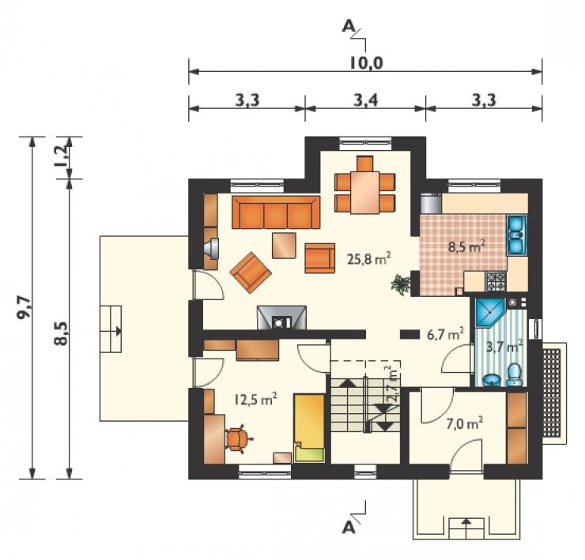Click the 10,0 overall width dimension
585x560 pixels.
[x=366, y=63]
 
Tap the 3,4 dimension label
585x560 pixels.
[x=365, y=100]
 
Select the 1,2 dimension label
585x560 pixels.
[x=62, y=157]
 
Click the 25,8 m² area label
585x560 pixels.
[x=368, y=258]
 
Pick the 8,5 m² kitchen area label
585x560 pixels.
[x=466, y=246]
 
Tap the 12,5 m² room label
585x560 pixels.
[x=255, y=400]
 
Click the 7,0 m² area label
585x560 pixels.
[x=465, y=423]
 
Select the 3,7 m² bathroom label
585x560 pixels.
[x=504, y=347]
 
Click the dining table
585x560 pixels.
[x=364, y=193]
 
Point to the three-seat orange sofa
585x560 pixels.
[x=276, y=212]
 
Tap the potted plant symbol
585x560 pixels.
[x=400, y=284]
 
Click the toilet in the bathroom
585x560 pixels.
[x=515, y=374]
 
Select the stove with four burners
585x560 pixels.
[x=495, y=281]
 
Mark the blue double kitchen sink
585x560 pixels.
[x=516, y=235]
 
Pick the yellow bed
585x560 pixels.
[x=309, y=428]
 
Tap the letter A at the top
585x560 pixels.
[x=348, y=26]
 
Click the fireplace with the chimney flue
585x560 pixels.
[x=281, y=318]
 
